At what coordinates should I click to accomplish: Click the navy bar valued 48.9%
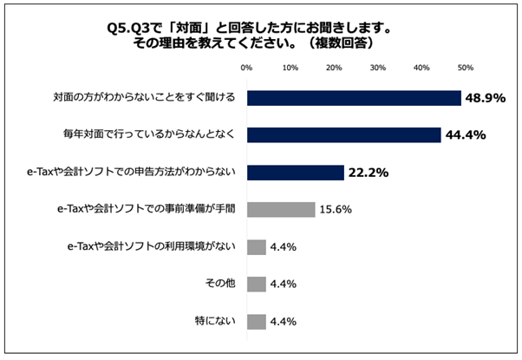click(x=354, y=97)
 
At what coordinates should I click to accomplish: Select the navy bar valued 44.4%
click(x=344, y=134)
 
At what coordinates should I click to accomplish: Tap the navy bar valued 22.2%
click(x=296, y=172)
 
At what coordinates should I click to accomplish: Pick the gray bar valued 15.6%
click(x=281, y=209)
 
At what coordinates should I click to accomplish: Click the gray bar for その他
click(x=257, y=284)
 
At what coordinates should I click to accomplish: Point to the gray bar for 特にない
click(x=257, y=321)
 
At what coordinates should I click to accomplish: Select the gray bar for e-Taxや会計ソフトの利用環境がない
click(x=257, y=246)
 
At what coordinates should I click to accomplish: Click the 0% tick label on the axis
click(x=246, y=67)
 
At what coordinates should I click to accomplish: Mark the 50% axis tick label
click(x=465, y=67)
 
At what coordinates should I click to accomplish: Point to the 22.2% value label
click(x=369, y=173)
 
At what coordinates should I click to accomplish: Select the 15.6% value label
click(x=336, y=210)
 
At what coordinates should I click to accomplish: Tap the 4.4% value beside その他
click(x=284, y=285)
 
